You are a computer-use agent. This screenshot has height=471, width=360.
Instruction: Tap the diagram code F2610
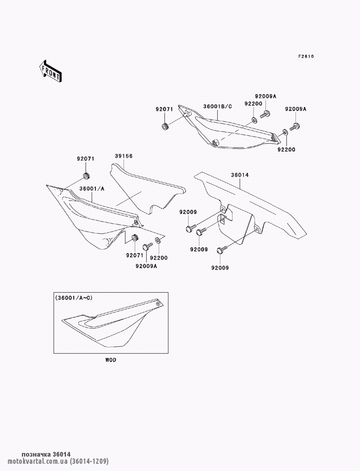pyautogui.click(x=306, y=56)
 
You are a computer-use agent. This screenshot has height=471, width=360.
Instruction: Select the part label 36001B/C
pyautogui.click(x=217, y=107)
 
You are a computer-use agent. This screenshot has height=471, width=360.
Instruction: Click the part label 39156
pyautogui.click(x=123, y=156)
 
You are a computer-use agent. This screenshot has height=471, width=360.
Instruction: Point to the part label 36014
pyautogui.click(x=240, y=175)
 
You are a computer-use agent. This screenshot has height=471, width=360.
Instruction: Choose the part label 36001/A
pyautogui.click(x=92, y=189)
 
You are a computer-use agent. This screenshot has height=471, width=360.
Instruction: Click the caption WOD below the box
pyautogui.click(x=111, y=360)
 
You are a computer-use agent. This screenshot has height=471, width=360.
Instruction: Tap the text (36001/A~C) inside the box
pyautogui.click(x=74, y=298)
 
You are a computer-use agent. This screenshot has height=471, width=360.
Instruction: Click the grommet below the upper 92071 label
pyautogui.click(x=165, y=126)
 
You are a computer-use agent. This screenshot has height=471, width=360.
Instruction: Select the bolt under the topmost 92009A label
pyautogui.click(x=265, y=114)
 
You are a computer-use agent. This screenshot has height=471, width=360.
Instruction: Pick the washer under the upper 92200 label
pyautogui.click(x=254, y=121)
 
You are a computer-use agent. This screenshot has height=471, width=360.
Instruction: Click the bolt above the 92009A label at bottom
pyautogui.click(x=148, y=246)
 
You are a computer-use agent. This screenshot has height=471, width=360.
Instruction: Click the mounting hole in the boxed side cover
pyautogui.click(x=158, y=304)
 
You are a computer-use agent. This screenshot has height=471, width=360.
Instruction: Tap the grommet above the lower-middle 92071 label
pyautogui.click(x=135, y=237)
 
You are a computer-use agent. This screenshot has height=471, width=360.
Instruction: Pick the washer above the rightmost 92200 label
pyautogui.click(x=285, y=132)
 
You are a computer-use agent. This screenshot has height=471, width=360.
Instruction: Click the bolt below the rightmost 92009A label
pyautogui.click(x=295, y=127)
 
